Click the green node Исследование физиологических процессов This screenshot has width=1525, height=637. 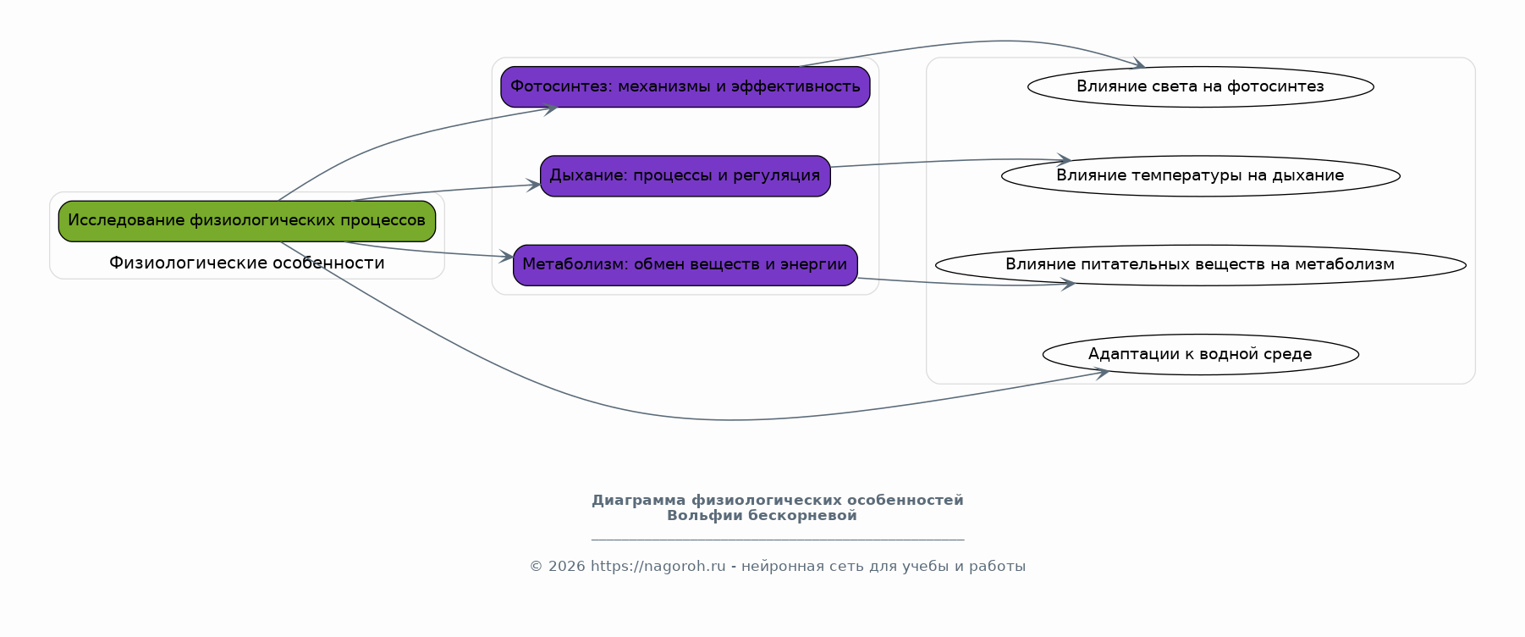247,221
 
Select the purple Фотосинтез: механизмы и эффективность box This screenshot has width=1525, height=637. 685,87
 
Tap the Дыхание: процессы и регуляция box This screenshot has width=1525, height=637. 685,176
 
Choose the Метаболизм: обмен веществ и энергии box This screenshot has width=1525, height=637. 685,265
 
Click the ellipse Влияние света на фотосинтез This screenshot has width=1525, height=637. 1201,86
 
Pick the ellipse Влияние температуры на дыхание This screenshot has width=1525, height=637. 1201,176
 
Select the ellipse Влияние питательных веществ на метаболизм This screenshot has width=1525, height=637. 1201,265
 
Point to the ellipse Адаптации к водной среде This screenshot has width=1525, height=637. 1201,354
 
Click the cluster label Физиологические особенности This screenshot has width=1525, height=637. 247,263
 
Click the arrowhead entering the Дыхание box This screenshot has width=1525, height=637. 533,185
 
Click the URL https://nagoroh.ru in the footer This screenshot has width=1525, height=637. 658,567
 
